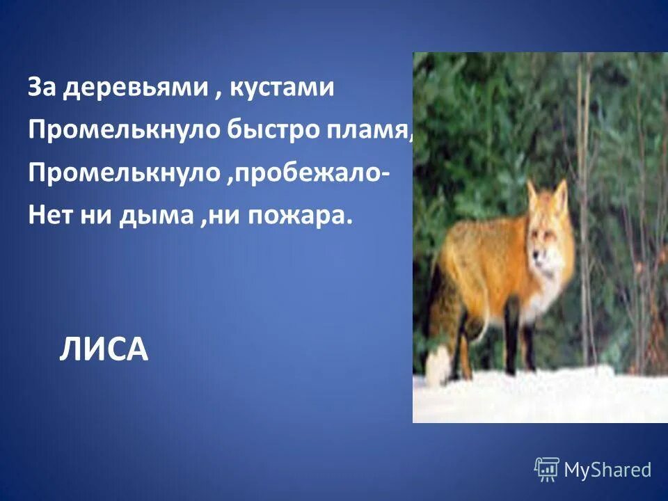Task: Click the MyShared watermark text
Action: [x=607, y=470]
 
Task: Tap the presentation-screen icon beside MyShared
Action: [x=547, y=470]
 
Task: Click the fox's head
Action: [x=547, y=237]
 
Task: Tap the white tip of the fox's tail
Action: [x=438, y=367]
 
